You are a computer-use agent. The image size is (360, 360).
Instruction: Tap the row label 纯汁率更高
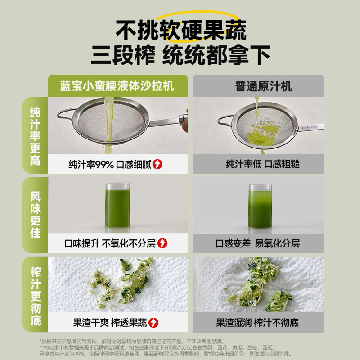pyautogui.click(x=35, y=136)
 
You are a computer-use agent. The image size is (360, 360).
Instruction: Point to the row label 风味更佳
pyautogui.click(x=36, y=215)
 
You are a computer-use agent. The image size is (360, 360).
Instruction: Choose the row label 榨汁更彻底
pyautogui.click(x=36, y=296)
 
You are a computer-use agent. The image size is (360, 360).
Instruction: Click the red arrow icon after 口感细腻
pyautogui.click(x=157, y=164)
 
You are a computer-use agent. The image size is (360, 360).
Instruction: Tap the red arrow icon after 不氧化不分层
pyautogui.click(x=162, y=243)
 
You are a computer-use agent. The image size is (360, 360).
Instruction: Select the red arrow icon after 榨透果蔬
pyautogui.click(x=153, y=323)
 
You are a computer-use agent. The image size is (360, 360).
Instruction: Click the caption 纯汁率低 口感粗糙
pyautogui.click(x=262, y=164)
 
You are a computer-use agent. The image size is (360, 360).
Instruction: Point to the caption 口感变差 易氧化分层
pyautogui.click(x=257, y=243)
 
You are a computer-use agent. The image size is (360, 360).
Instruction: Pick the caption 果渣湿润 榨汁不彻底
pyautogui.click(x=257, y=323)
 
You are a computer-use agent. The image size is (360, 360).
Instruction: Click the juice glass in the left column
pyautogui.click(x=118, y=205)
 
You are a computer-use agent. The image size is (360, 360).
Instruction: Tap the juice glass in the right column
pyautogui.click(x=260, y=206)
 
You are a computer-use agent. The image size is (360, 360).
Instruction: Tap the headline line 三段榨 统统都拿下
pyautogui.click(x=180, y=55)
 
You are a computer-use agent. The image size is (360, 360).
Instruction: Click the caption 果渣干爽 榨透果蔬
pyautogui.click(x=110, y=323)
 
